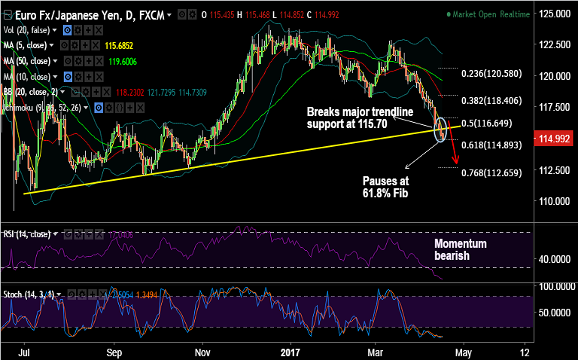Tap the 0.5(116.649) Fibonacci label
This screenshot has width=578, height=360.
(487, 123)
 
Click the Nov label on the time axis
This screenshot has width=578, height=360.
(202, 351)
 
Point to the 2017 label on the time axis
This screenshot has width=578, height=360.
(290, 351)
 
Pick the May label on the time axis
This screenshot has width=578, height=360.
(464, 351)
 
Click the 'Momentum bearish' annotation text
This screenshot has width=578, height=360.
(461, 250)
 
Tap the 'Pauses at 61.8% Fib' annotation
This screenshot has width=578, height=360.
(385, 187)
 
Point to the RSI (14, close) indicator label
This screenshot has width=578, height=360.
(27, 233)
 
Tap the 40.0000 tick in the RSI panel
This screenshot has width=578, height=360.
(553, 258)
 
